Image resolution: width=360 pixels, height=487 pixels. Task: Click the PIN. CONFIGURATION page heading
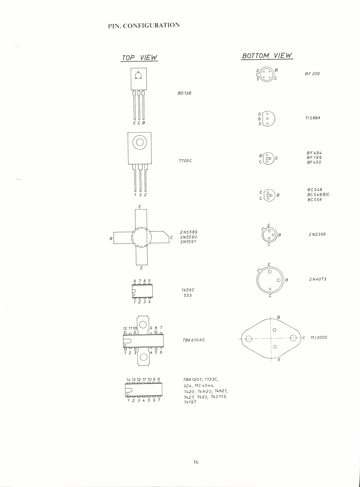(x=144, y=25)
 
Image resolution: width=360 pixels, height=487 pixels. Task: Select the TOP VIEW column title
(x=139, y=57)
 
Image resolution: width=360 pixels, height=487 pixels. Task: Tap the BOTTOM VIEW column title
(x=267, y=55)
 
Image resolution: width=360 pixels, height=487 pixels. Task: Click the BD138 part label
(x=184, y=93)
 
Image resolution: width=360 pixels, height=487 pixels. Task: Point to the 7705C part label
(x=185, y=161)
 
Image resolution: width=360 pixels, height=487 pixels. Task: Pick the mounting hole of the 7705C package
(x=140, y=142)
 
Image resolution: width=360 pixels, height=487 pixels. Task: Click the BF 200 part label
(x=312, y=74)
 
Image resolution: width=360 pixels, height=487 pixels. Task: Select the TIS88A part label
(x=313, y=118)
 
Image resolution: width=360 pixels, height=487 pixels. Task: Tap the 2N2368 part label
(x=317, y=234)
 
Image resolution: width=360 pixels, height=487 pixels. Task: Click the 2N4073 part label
(x=318, y=279)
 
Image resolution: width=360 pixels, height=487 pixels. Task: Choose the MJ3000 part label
(x=319, y=337)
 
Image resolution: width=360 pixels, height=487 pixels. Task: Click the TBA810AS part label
(x=193, y=340)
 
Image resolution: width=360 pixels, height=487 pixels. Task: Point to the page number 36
(x=196, y=462)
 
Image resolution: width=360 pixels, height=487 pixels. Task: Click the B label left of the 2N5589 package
(x=111, y=239)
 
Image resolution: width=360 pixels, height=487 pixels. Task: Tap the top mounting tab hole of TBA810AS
(x=143, y=325)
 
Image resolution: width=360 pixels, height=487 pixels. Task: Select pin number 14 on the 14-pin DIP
(x=128, y=379)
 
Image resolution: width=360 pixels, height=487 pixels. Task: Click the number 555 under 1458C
(x=188, y=296)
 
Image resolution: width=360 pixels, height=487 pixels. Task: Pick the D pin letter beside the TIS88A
(x=260, y=114)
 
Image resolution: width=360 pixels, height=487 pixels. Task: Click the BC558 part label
(x=315, y=200)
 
